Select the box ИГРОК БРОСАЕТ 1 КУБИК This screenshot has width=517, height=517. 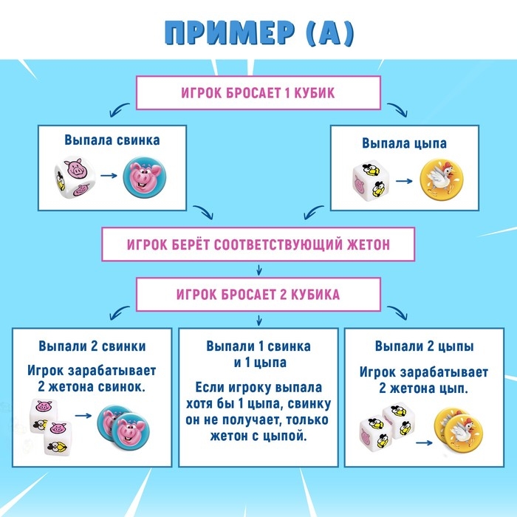(258, 94)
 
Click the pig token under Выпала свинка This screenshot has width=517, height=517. (143, 177)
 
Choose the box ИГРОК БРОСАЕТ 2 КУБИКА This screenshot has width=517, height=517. (258, 295)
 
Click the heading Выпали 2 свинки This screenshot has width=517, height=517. (92, 346)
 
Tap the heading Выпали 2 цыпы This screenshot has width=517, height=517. (424, 346)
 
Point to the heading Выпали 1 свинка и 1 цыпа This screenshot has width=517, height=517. (258, 354)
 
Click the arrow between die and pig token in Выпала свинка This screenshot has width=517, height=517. (109, 177)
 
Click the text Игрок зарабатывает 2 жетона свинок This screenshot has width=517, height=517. (92, 377)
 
